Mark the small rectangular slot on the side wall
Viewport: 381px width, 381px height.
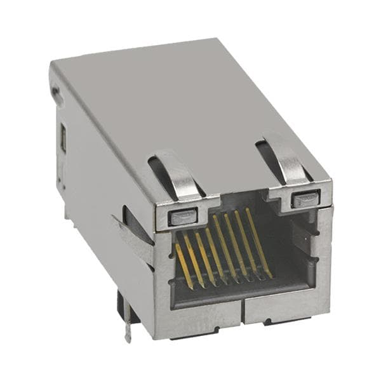tap(63, 138)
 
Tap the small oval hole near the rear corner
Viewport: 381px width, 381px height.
tap(57, 95)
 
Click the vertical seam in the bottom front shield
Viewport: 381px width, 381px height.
tap(242, 313)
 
